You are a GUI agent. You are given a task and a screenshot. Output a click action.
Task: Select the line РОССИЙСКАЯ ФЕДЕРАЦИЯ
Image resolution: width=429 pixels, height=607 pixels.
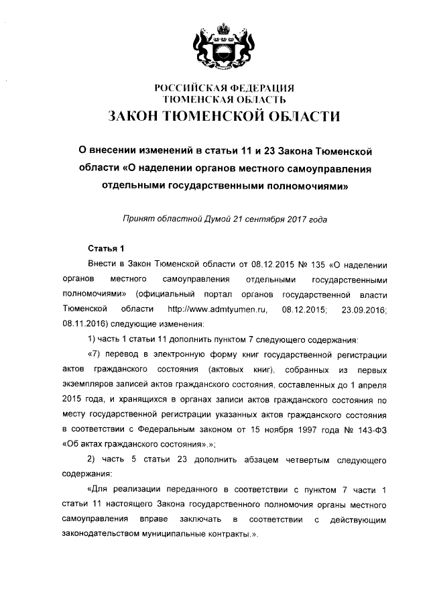[x=225, y=88]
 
